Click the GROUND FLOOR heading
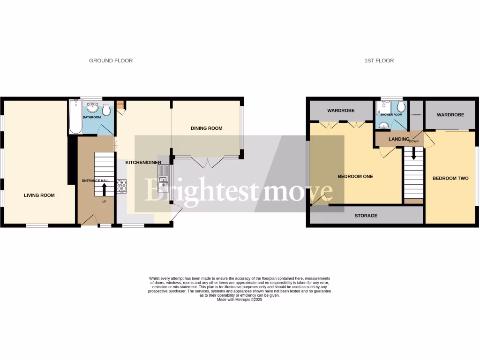pyautogui.click(x=111, y=60)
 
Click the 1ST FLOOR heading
pyautogui.click(x=379, y=60)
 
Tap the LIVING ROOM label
pyautogui.click(x=39, y=195)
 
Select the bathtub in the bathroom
pyautogui.click(x=75, y=117)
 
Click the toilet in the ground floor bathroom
pyautogui.click(x=107, y=110)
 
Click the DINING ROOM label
pyautogui.click(x=206, y=128)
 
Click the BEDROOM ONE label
pyautogui.click(x=355, y=176)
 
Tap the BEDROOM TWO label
pyautogui.click(x=450, y=178)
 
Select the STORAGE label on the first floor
pyautogui.click(x=366, y=216)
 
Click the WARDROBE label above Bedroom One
pyautogui.click(x=341, y=111)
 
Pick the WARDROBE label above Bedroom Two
pyautogui.click(x=450, y=115)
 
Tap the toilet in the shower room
pyautogui.click(x=400, y=107)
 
